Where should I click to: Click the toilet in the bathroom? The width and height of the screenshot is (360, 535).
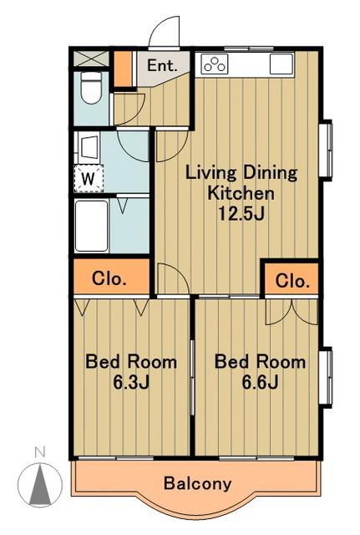(91, 88)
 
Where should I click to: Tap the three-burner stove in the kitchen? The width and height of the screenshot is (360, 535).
(215, 64)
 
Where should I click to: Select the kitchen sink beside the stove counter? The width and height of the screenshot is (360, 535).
(281, 64)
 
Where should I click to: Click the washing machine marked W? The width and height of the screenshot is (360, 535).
(89, 178)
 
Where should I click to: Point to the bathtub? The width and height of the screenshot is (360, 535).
(91, 226)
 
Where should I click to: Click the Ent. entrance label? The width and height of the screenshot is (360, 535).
(162, 65)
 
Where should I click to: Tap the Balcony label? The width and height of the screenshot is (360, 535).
(198, 483)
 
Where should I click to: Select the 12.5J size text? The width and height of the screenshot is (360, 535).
(241, 214)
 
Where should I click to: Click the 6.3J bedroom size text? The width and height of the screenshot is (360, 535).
(131, 383)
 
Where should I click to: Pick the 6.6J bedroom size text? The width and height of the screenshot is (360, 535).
(260, 382)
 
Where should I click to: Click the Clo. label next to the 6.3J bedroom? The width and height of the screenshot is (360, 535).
(109, 278)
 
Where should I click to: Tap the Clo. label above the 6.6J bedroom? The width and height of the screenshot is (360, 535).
(292, 281)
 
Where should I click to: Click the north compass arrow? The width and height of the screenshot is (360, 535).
(40, 485)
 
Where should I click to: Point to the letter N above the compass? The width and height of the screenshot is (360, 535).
(40, 452)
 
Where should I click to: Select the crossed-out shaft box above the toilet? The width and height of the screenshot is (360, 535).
(91, 59)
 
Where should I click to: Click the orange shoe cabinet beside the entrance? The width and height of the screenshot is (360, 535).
(123, 69)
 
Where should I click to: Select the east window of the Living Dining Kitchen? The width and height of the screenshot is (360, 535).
(325, 150)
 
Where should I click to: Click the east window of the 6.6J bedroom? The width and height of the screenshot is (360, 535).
(325, 377)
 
